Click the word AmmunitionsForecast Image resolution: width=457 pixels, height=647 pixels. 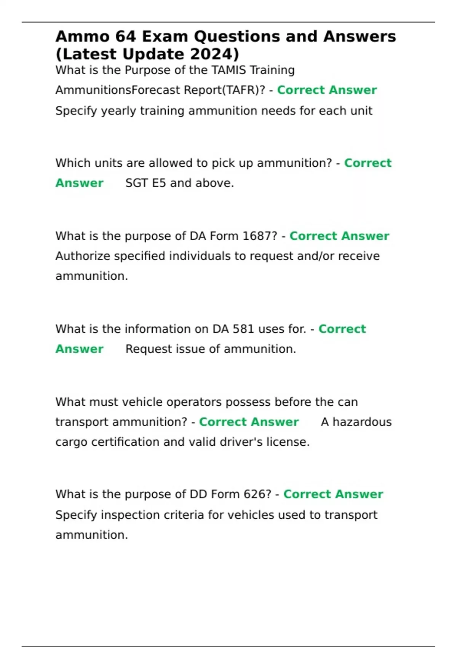coord(118,90)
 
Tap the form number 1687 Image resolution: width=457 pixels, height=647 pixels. coord(256,236)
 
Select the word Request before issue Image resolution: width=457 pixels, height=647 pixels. coord(149,349)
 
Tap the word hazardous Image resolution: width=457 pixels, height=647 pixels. coord(362,422)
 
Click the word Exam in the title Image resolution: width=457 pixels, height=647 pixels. coord(165,37)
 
